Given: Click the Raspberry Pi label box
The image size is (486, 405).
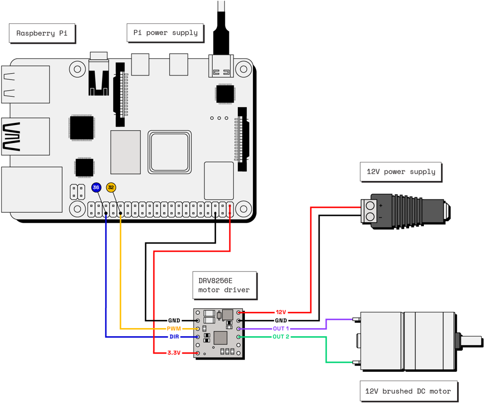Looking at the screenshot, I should click(42, 33).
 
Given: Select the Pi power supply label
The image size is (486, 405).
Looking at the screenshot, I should click(165, 33).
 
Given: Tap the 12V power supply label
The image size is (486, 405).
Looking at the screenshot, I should click(401, 171).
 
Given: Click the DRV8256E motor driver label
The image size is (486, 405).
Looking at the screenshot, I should click(224, 285).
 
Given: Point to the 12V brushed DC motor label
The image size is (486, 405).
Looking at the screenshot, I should click(408, 391).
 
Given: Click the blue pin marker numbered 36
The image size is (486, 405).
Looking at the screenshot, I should click(96, 188).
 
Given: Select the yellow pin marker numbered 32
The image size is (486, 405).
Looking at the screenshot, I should click(111, 188).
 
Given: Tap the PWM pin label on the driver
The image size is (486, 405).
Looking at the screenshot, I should click(174, 329).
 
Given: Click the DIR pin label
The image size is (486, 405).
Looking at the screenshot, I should click(174, 337).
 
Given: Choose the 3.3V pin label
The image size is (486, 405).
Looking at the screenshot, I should click(174, 353).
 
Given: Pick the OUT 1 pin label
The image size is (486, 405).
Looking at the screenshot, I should click(280, 329).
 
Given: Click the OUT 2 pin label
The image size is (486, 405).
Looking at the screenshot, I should click(280, 337).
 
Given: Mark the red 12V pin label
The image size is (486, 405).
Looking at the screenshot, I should click(281, 312).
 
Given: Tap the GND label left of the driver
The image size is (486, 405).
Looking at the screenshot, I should click(174, 320).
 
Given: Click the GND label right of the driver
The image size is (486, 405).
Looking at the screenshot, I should click(281, 320).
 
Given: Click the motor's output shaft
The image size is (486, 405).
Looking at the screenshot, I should click(470, 340).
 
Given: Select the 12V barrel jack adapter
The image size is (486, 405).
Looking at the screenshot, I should click(403, 210).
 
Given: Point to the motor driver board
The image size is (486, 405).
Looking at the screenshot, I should click(218, 333).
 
